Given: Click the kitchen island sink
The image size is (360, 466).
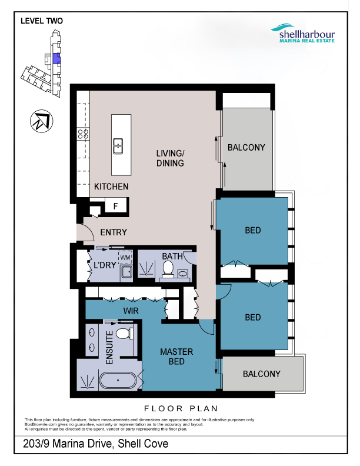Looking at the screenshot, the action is click(x=118, y=146).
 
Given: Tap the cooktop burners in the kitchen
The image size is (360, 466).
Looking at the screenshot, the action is click(x=83, y=134).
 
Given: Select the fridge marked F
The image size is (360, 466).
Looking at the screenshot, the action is click(x=115, y=205).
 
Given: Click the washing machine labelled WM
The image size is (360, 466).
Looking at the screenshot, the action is click(x=125, y=257).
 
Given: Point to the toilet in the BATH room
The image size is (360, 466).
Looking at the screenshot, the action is click(x=168, y=269).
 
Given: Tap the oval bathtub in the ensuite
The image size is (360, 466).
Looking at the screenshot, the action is click(x=118, y=381).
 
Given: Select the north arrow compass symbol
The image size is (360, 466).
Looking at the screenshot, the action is click(x=42, y=121).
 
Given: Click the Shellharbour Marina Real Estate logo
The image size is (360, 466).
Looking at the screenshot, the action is click(x=304, y=34).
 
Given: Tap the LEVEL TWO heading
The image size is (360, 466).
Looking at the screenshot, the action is click(x=42, y=21).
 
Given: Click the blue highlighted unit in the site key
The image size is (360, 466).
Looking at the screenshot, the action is click(x=56, y=59).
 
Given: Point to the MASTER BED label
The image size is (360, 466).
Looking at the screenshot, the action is click(x=176, y=357).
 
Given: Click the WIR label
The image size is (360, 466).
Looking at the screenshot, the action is click(x=131, y=311).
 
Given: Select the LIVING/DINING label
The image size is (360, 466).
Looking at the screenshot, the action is click(x=170, y=158).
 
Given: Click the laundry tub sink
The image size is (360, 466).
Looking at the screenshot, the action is click(x=126, y=272).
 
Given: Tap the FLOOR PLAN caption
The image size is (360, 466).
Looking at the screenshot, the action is click(x=181, y=409).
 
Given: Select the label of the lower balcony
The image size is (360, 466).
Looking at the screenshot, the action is click(x=262, y=374).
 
